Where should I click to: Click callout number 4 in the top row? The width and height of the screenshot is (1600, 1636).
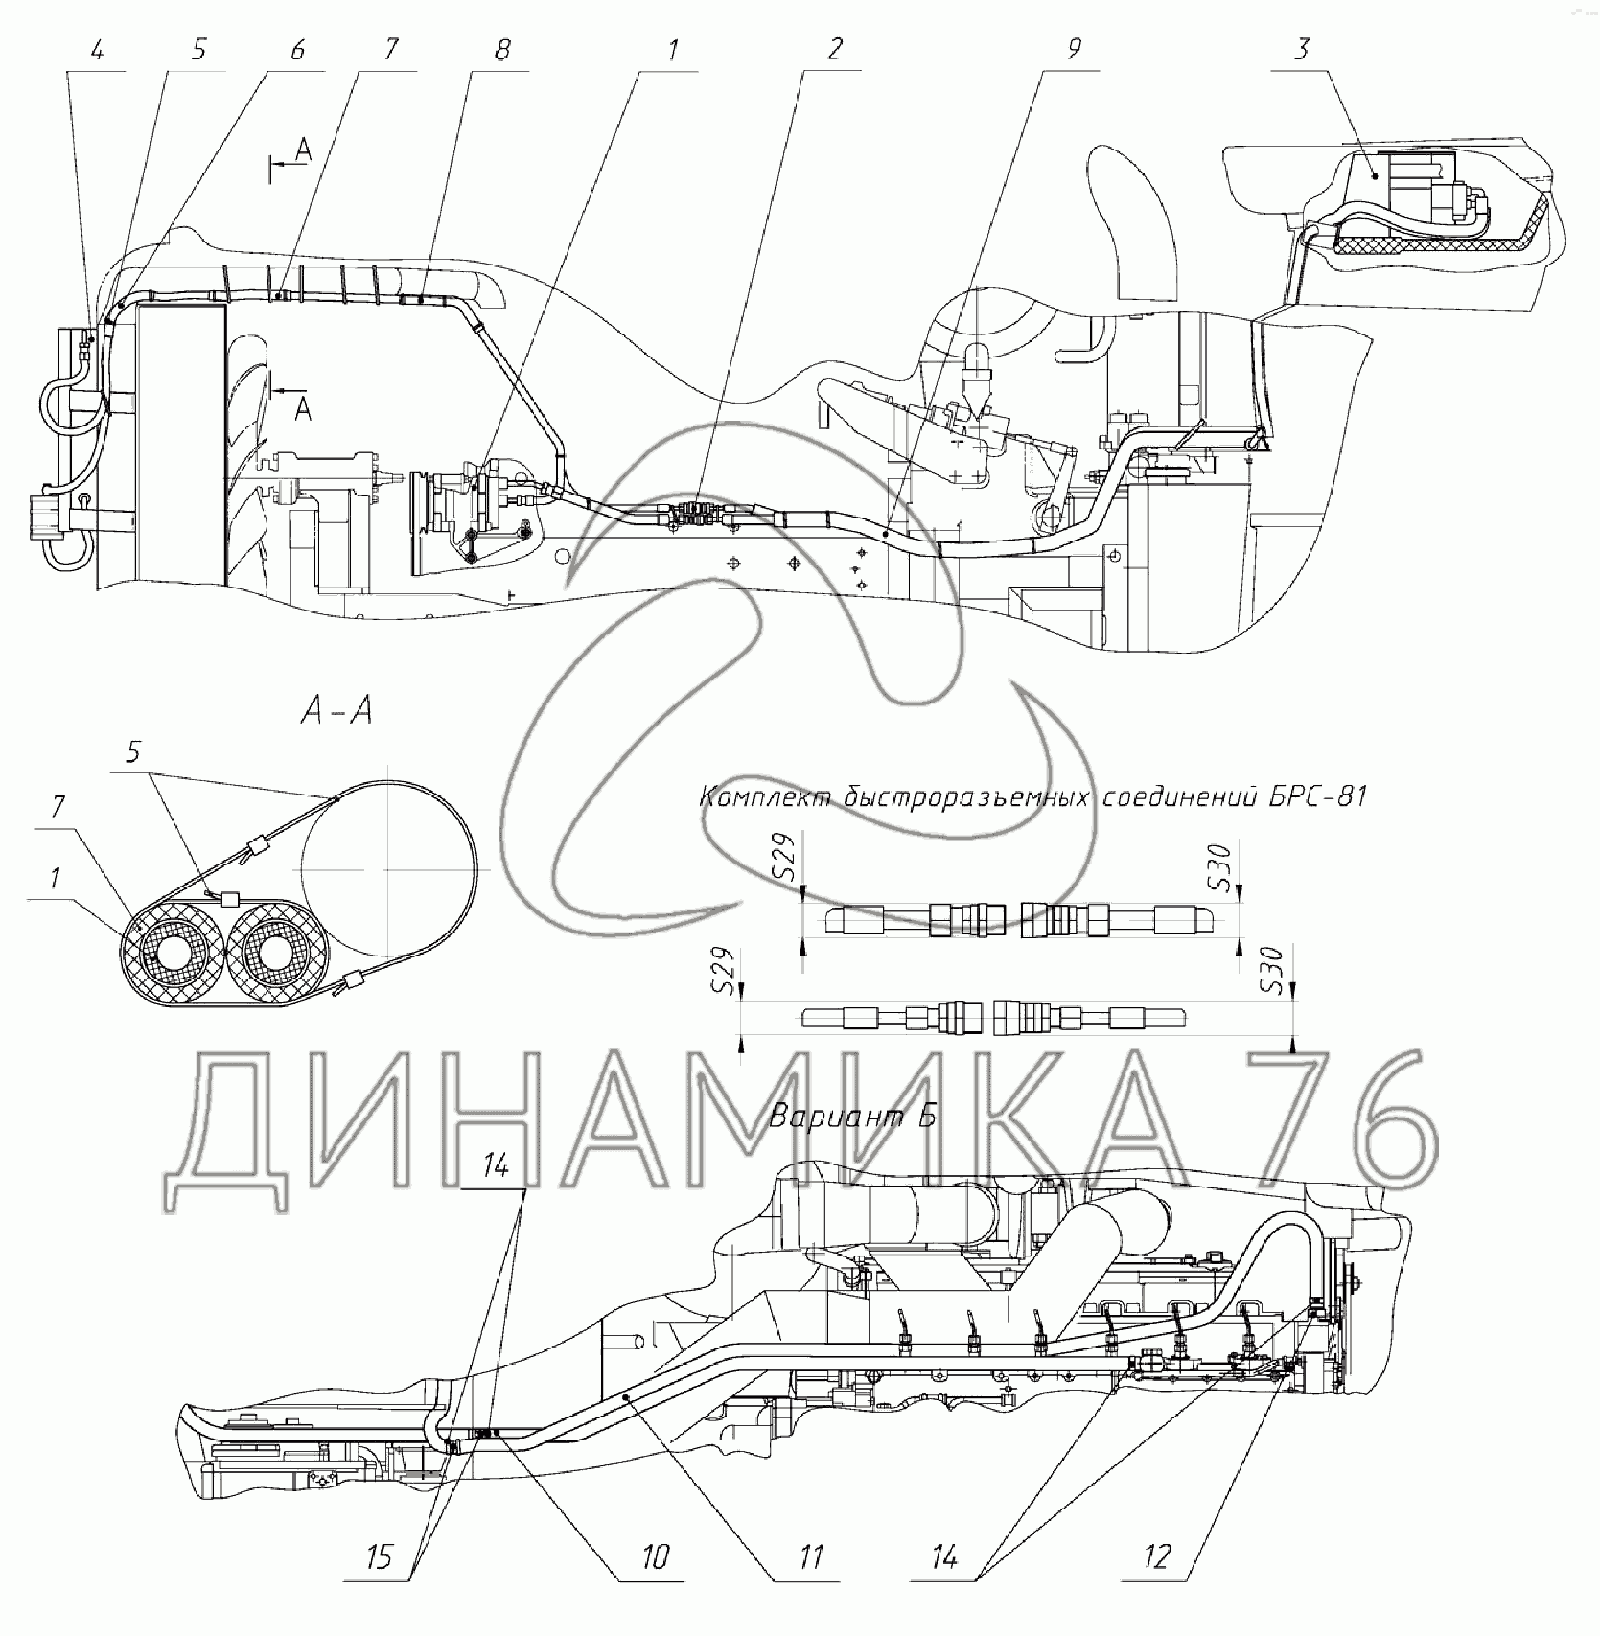pyautogui.click(x=97, y=50)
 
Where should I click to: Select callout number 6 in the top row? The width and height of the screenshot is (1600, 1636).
pyautogui.click(x=296, y=50)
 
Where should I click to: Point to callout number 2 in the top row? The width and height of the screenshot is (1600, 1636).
pyautogui.click(x=833, y=50)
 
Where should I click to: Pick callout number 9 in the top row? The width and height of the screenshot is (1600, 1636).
pyautogui.click(x=1073, y=50)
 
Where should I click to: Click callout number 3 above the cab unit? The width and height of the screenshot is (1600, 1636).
pyautogui.click(x=1300, y=50)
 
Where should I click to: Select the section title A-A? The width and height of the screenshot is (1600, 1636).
pyautogui.click(x=336, y=712)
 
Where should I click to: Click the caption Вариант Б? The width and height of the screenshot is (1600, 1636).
pyautogui.click(x=852, y=1117)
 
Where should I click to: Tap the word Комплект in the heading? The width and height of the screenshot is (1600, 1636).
pyautogui.click(x=764, y=797)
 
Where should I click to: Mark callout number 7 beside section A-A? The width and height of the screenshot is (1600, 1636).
pyautogui.click(x=58, y=808)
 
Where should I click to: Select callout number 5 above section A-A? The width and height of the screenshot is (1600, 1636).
pyautogui.click(x=133, y=753)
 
